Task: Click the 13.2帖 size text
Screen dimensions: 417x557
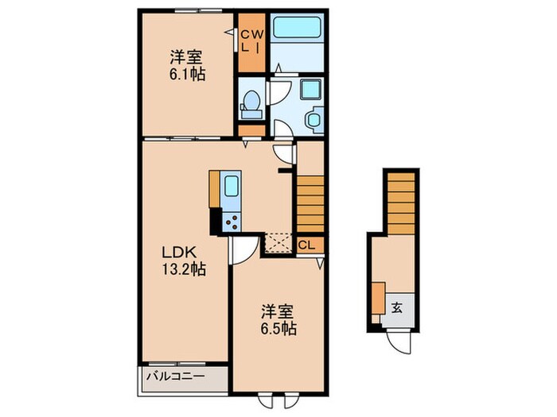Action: coord(185,269)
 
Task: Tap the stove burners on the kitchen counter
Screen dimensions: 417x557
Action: coord(232,221)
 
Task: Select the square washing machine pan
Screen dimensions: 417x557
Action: coord(309,90)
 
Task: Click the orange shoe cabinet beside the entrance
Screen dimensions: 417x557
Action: coord(377,298)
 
